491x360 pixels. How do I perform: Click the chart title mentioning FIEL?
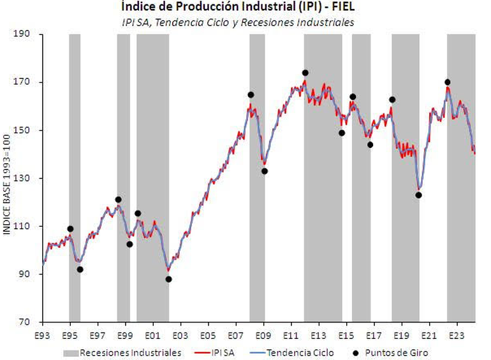[x=238, y=7]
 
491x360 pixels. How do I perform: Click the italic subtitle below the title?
[x=238, y=22]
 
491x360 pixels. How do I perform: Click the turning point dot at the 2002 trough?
[x=168, y=279]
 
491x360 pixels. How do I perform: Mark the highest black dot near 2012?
[x=305, y=73]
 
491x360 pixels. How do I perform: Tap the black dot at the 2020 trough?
[x=418, y=195]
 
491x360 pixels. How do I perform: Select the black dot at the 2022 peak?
[x=447, y=82]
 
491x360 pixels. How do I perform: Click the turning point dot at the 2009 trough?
[x=265, y=171]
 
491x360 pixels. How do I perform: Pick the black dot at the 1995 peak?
[x=70, y=229]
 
